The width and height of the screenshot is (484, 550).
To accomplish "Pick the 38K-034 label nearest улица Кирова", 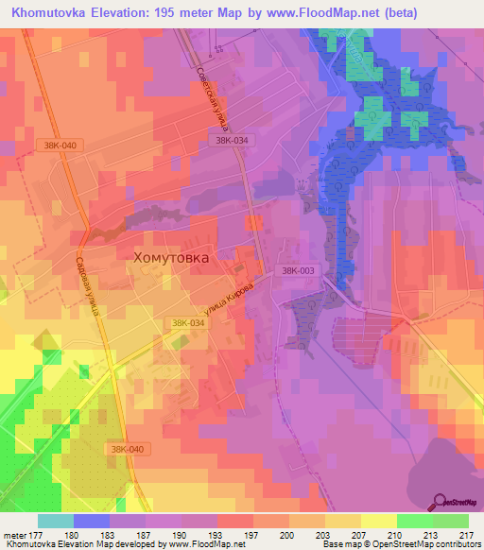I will [189, 323].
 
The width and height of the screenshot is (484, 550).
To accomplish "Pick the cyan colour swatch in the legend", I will [55, 521].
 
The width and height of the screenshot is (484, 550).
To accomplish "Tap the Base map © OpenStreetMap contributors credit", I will [401, 544].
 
